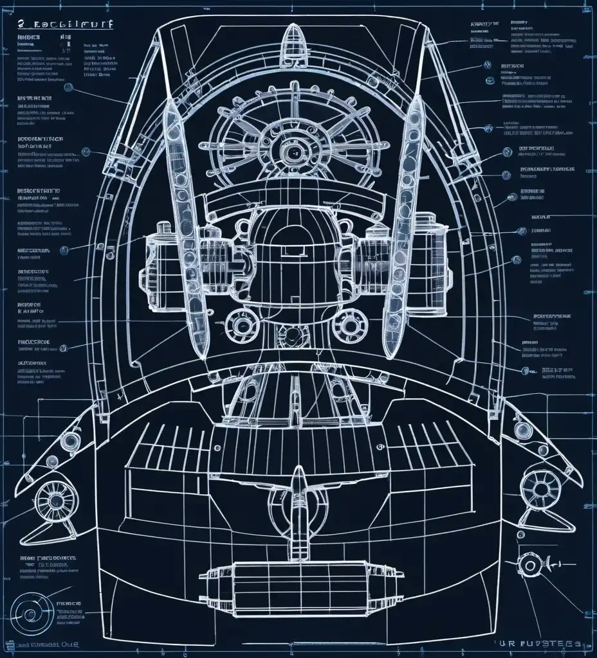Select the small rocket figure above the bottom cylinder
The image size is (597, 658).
pyautogui.click(x=298, y=501)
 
